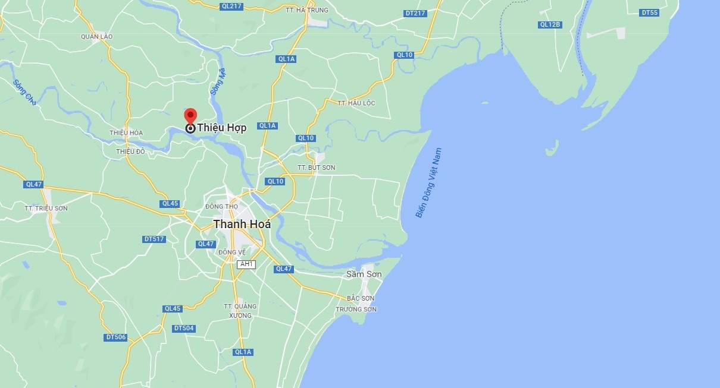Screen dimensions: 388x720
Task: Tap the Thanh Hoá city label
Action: tap(242, 224)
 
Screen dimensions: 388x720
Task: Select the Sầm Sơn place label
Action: tap(364, 275)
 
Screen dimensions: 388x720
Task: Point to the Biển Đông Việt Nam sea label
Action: tap(429, 183)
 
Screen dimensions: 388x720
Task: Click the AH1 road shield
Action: tap(246, 264)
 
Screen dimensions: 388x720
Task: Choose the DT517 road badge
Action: tap(154, 239)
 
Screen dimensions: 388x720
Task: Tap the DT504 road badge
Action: tap(184, 328)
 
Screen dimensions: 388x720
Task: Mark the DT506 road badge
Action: tap(115, 337)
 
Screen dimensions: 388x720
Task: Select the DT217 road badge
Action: tap(415, 13)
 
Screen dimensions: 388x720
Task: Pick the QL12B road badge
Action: tap(550, 24)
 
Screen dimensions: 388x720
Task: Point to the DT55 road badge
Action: tap(649, 12)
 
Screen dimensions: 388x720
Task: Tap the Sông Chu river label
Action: tap(24, 93)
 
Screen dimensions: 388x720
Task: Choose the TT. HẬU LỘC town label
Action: tap(356, 103)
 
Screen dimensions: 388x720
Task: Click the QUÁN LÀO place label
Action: tap(96, 36)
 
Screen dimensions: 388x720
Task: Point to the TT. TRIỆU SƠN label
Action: tap(46, 208)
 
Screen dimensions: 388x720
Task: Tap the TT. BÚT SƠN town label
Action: tap(317, 168)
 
